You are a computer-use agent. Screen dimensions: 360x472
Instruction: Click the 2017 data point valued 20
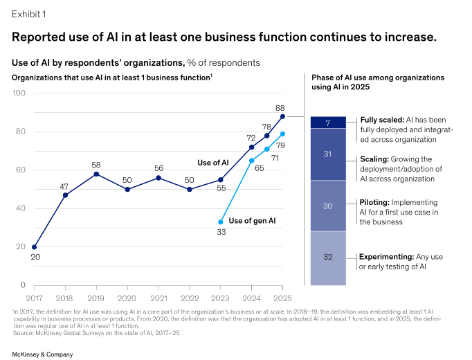(35, 246)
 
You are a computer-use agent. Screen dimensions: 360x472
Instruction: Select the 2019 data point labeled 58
(96, 174)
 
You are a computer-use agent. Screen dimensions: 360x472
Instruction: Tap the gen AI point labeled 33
(221, 222)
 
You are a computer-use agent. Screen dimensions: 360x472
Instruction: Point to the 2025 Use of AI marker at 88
(282, 116)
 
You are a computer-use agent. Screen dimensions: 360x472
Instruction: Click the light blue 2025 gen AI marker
(282, 134)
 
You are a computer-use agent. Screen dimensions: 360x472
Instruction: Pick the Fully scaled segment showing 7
(329, 123)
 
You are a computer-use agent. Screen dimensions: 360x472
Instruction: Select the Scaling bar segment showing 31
(329, 154)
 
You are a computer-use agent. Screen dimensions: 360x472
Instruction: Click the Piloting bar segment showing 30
(329, 206)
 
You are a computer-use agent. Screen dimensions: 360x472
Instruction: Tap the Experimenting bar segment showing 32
(329, 258)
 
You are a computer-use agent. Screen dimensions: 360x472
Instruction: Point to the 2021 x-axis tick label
(158, 298)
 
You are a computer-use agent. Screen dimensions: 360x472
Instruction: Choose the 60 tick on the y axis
(21, 170)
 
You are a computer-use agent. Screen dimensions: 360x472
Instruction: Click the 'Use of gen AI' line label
(253, 221)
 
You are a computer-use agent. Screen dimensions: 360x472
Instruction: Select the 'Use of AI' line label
(213, 163)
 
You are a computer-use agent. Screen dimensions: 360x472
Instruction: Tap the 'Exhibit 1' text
(28, 13)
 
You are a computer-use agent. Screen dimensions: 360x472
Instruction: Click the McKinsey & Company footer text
(42, 354)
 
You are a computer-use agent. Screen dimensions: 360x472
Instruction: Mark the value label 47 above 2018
(65, 186)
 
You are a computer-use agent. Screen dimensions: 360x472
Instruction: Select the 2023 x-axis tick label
(221, 298)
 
